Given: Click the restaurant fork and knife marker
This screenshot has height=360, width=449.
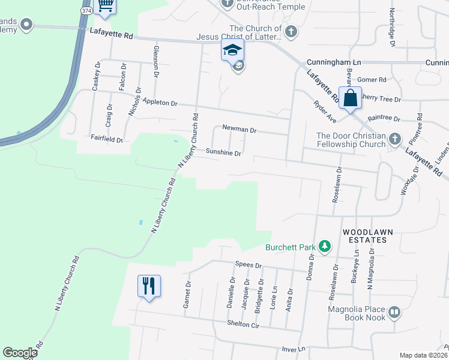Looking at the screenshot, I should (x=149, y=286).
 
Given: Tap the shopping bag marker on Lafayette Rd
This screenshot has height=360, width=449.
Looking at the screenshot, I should (x=350, y=97).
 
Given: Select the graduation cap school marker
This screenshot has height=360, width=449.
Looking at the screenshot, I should (x=232, y=50).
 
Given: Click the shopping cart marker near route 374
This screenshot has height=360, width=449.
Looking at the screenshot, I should (x=106, y=5).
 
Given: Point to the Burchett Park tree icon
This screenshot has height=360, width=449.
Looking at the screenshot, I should (x=325, y=246).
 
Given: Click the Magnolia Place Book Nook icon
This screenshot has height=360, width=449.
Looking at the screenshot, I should (x=394, y=312).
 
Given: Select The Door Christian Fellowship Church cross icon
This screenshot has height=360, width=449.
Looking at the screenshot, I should (x=395, y=139).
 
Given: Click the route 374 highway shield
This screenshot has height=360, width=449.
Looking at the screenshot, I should (x=86, y=11).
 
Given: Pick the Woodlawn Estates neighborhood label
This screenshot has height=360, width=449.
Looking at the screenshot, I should (x=364, y=235).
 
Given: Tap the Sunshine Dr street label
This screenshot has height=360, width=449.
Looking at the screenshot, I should (x=223, y=153).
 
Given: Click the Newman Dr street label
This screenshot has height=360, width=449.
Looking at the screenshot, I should (x=239, y=129).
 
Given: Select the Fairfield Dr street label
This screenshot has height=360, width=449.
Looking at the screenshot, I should (x=106, y=139).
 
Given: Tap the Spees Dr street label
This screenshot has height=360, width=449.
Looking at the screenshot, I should (x=249, y=265).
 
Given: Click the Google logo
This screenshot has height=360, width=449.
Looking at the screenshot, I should (x=20, y=353).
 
